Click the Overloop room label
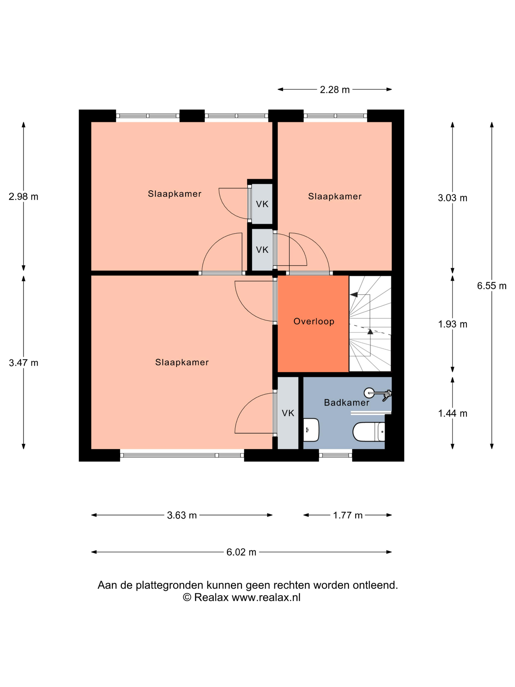[314, 321]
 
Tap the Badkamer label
[347, 403]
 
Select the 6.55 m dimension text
[492, 286]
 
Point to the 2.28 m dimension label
[335, 90]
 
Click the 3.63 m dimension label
[182, 515]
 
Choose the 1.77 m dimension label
[348, 515]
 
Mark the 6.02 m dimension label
[241, 552]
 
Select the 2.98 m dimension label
[24, 197]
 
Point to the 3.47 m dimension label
[24, 363]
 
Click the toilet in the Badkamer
[369, 432]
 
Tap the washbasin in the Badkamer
[311, 430]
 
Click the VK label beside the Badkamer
[288, 413]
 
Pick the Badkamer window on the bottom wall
[335, 455]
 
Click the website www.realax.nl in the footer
[266, 597]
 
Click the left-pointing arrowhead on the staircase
[354, 294]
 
